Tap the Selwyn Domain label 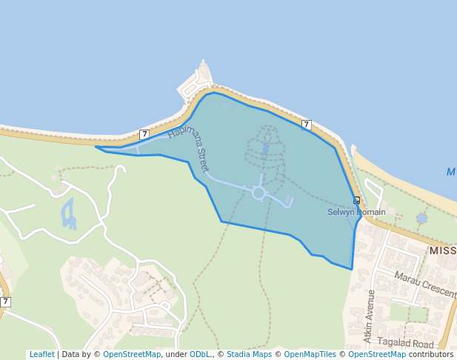click(x=356, y=213)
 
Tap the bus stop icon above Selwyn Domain click(x=356, y=200)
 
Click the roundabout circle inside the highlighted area click(x=258, y=193)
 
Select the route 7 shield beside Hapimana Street click(x=144, y=134)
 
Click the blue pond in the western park click(x=69, y=214)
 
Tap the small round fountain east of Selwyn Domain click(x=421, y=219)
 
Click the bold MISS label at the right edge click(x=442, y=251)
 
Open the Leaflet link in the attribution click(x=41, y=354)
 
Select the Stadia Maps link click(x=249, y=354)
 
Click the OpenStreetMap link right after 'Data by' click(x=132, y=354)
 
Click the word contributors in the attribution click(x=430, y=354)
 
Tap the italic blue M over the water click(x=451, y=172)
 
